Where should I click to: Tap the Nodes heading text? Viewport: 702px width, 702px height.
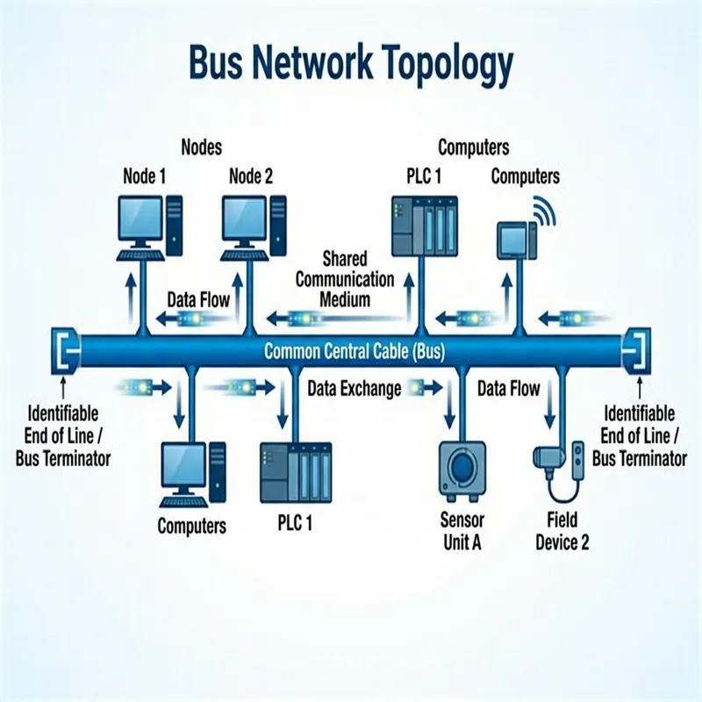[201, 147]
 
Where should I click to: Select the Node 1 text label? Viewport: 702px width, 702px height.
[145, 176]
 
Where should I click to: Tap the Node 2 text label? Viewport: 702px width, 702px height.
[251, 176]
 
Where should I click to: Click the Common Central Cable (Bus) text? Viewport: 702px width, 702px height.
[355, 353]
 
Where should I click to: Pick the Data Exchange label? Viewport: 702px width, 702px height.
[355, 388]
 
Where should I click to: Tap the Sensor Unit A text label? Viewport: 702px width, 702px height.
[462, 531]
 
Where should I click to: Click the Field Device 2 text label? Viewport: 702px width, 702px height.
[562, 531]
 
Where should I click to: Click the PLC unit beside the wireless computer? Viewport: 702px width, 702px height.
[424, 225]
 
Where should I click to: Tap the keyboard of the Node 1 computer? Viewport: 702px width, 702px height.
[141, 255]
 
